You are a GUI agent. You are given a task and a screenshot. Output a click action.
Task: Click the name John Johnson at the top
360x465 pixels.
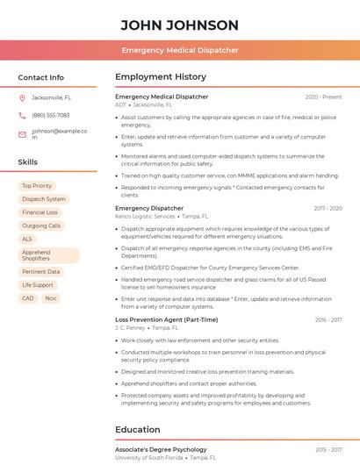(179, 25)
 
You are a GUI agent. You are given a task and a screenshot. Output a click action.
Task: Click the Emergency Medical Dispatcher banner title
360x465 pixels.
(179, 50)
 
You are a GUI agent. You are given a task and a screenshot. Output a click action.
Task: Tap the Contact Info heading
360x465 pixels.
(40, 77)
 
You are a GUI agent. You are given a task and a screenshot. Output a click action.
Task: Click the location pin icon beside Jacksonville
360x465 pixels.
(22, 97)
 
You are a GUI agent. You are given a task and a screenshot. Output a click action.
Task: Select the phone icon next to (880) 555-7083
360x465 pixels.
(22, 115)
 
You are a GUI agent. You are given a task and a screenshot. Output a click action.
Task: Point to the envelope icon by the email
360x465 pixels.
(22, 134)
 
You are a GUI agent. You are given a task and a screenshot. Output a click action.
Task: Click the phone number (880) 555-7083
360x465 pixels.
(50, 115)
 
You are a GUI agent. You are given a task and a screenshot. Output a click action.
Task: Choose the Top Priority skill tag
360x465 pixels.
(37, 186)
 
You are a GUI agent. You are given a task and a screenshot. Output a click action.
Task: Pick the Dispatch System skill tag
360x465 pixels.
(44, 199)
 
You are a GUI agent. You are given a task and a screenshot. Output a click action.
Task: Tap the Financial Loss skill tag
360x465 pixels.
(40, 212)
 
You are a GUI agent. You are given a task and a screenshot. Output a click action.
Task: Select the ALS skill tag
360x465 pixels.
(27, 239)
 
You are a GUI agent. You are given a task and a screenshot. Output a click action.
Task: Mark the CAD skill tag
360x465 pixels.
(28, 298)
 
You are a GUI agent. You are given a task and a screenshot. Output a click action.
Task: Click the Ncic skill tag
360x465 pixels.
(51, 298)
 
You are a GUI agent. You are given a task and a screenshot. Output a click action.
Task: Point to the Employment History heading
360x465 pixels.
(161, 77)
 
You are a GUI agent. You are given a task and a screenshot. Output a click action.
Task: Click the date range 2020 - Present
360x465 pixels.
(323, 97)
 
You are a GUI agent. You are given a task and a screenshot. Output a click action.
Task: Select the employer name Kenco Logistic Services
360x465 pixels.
(145, 216)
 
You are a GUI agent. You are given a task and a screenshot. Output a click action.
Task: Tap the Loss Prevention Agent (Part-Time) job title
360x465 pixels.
(166, 320)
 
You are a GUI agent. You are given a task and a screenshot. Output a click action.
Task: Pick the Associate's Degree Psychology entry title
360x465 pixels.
(161, 449)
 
